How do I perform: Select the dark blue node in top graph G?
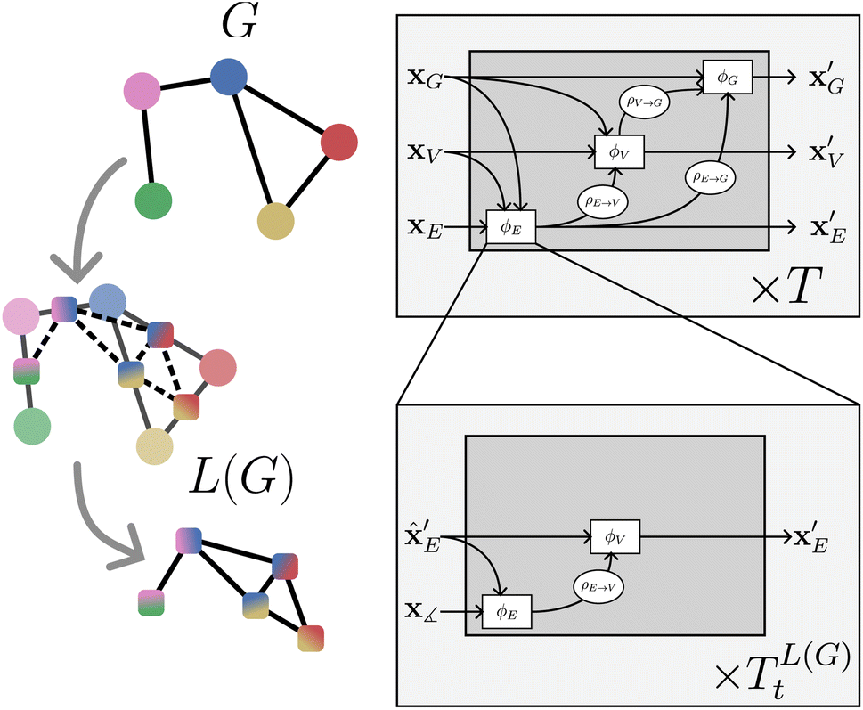coord(228,80)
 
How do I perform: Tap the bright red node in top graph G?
coord(338,143)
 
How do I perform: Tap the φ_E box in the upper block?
coord(510,228)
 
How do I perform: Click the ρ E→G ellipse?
coord(710,176)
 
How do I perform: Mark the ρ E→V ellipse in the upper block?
coord(603,201)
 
